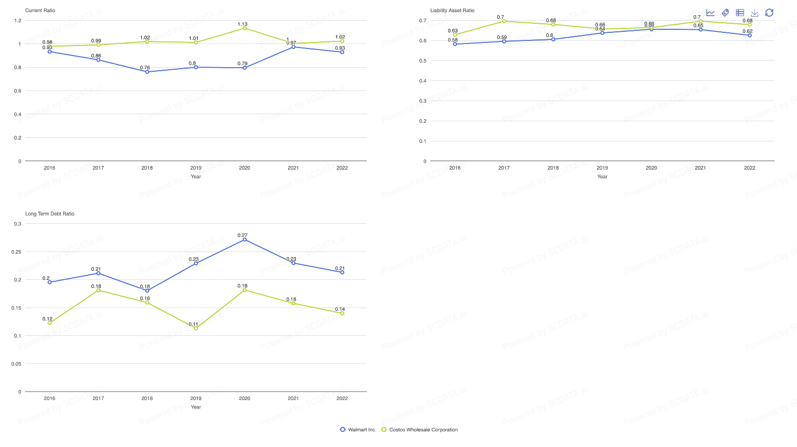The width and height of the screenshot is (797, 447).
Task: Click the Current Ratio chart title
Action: point(40,11)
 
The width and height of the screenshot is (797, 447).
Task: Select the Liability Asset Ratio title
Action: point(452,11)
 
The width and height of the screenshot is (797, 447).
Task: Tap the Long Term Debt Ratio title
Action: point(49,214)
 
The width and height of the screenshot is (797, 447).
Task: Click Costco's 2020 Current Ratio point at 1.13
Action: point(245,28)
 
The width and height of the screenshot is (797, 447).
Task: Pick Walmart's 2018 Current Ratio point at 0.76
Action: point(147,72)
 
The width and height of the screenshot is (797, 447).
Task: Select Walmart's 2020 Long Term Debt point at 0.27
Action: point(245,239)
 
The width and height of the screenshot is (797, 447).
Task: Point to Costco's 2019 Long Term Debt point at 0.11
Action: point(196,328)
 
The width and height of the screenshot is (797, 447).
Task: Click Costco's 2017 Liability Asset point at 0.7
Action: point(504,21)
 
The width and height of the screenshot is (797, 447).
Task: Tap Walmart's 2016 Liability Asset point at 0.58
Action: point(455,44)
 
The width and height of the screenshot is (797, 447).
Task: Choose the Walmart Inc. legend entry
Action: point(358,430)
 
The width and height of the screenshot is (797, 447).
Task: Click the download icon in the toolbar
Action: point(755,13)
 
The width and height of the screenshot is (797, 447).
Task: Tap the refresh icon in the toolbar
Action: point(769,13)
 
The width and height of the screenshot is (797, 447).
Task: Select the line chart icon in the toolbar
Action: point(710,13)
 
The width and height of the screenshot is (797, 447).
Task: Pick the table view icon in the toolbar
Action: point(740,13)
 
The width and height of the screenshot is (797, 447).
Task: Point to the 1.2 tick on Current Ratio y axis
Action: point(18,21)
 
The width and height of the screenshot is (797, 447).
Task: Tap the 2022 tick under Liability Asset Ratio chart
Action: point(750,168)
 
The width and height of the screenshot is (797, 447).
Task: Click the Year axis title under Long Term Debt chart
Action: point(196,407)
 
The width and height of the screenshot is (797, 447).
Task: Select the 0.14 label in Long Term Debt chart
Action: point(340,309)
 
